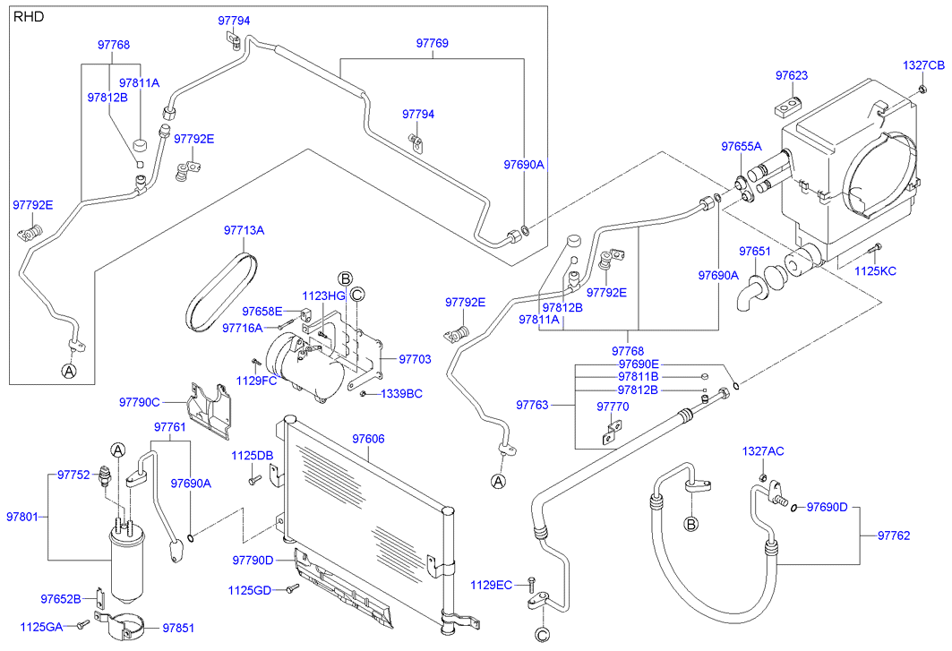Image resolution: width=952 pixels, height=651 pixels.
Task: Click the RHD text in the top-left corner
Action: (29, 17)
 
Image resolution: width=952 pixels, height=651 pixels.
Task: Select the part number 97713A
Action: (244, 231)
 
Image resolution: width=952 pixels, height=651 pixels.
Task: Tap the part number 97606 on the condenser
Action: (368, 439)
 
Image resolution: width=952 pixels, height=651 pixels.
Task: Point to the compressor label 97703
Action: (415, 359)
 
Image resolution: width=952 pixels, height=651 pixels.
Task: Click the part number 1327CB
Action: (922, 65)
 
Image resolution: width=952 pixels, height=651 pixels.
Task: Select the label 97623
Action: (792, 76)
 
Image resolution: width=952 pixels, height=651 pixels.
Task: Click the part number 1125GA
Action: (41, 626)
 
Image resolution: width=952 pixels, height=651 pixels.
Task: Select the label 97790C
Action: (139, 403)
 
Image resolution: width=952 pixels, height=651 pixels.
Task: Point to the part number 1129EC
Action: (492, 585)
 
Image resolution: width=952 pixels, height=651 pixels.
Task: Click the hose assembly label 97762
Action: (894, 535)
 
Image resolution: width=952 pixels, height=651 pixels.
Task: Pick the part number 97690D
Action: (827, 508)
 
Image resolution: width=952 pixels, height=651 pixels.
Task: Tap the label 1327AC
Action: (762, 451)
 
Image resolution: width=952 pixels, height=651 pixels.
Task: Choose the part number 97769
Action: (432, 43)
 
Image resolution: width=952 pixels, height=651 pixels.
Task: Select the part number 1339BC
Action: (401, 393)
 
